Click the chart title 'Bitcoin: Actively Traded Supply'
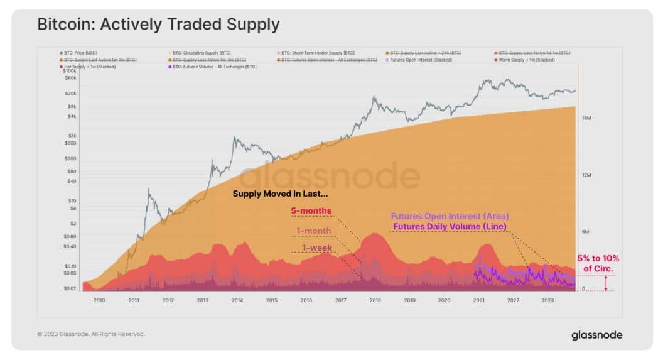tap(158, 25)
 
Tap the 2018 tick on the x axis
tap(375, 300)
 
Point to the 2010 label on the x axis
tap(99, 300)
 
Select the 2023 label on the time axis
tap(547, 300)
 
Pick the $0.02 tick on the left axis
tap(70, 289)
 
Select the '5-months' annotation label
tap(311, 210)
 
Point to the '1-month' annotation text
tap(314, 231)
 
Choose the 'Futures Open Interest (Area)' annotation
tap(450, 217)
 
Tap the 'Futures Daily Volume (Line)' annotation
tap(450, 226)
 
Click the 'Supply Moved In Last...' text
tap(280, 194)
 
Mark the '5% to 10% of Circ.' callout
tap(598, 264)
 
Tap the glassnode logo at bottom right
tap(596, 335)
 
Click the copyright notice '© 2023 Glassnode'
tap(91, 334)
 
